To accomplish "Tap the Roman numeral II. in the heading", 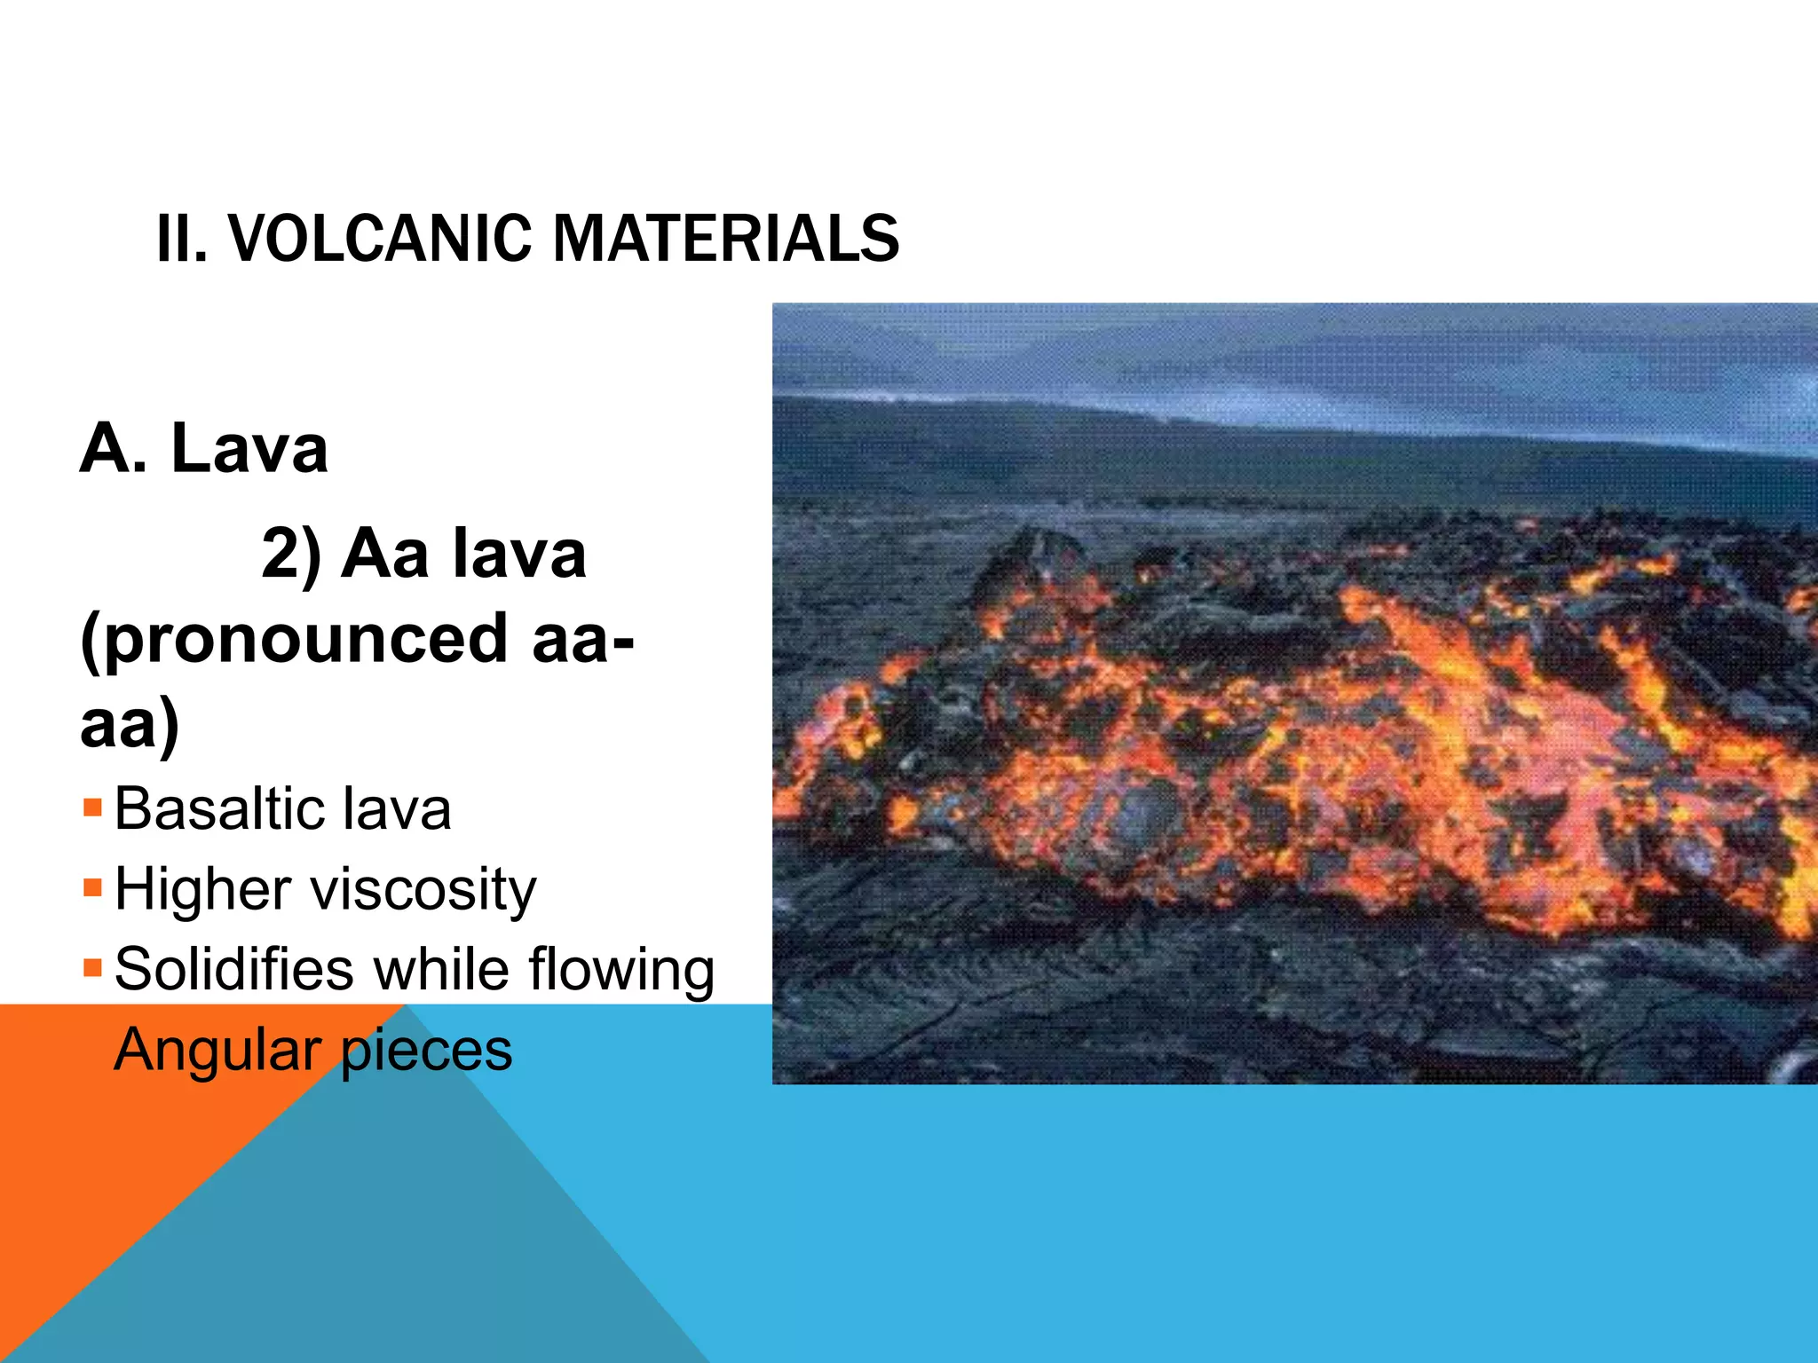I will [x=181, y=239].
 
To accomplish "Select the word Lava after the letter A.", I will [x=249, y=448].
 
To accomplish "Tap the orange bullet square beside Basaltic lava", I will [x=92, y=808].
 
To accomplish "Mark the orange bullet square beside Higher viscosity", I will [x=92, y=887].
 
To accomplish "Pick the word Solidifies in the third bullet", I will [x=234, y=968].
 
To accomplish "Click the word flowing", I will [x=621, y=970].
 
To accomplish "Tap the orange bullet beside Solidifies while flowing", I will [x=92, y=966].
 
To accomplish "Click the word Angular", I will [x=217, y=1051].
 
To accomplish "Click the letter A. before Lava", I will [x=114, y=448].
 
